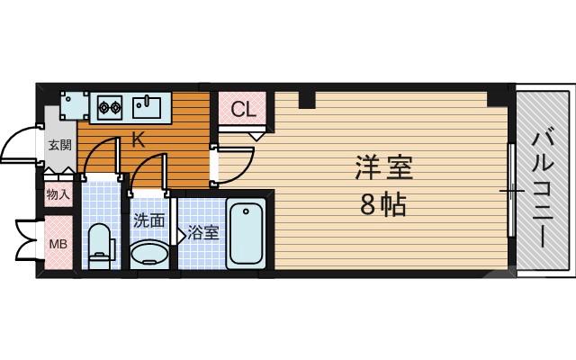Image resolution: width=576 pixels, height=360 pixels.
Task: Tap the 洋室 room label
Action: [x=375, y=169]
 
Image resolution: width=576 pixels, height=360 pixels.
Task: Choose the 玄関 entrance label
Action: [x=59, y=144]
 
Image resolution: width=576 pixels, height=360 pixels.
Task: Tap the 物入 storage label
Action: [x=58, y=194]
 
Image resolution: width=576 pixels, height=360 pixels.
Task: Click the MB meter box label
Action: [x=58, y=244]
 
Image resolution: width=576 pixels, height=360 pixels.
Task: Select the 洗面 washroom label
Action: [x=148, y=220]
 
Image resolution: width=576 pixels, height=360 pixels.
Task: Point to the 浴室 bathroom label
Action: [x=203, y=233]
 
